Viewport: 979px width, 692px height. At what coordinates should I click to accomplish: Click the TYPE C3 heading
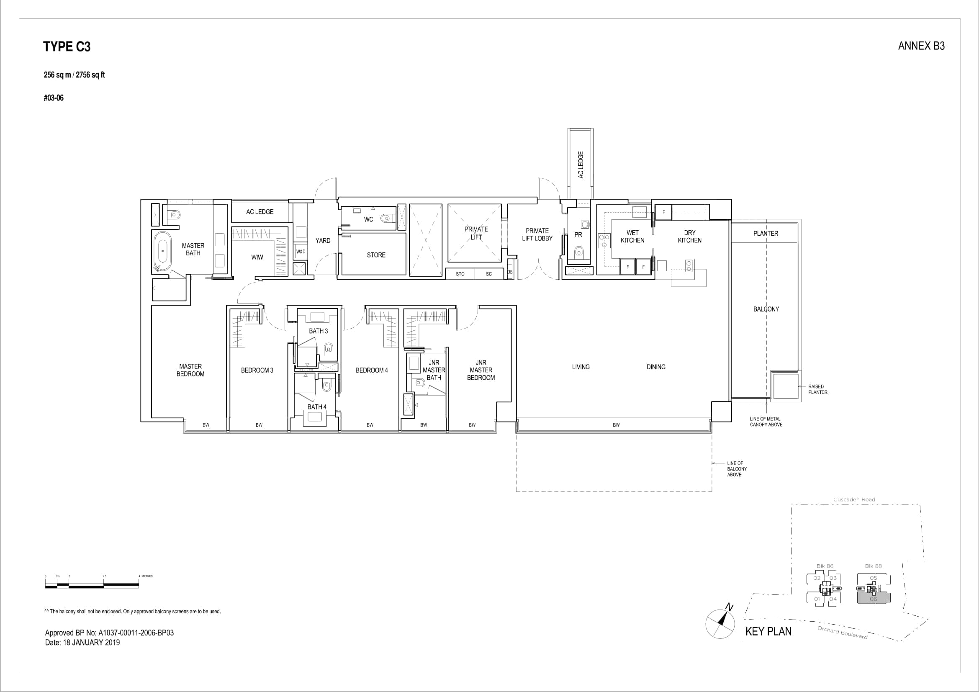coord(67,46)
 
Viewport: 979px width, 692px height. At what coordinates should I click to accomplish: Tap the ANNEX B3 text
coord(921,46)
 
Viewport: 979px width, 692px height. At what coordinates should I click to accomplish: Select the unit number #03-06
coord(54,98)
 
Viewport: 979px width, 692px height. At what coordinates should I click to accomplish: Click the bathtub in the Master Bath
coord(162,252)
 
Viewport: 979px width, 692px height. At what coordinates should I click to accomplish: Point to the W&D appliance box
coord(301,252)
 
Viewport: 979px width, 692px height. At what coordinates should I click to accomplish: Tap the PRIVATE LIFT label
coord(476,233)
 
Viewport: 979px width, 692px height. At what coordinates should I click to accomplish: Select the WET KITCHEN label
coord(632,237)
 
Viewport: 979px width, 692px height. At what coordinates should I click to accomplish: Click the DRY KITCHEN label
coord(689,237)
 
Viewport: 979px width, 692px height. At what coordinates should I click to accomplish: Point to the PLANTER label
coord(766,234)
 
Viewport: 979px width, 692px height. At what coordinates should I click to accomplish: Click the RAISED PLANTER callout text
coord(817,389)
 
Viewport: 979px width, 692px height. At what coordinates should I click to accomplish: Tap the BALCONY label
coord(766,309)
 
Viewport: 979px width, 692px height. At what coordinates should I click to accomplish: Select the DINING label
coord(655,367)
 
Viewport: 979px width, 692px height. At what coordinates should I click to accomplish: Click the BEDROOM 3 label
coord(257,370)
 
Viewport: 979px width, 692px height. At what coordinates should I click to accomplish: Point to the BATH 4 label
coord(317,407)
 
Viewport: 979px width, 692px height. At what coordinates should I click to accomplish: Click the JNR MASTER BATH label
coord(434,370)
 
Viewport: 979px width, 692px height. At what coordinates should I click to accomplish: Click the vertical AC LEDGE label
coord(580,165)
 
